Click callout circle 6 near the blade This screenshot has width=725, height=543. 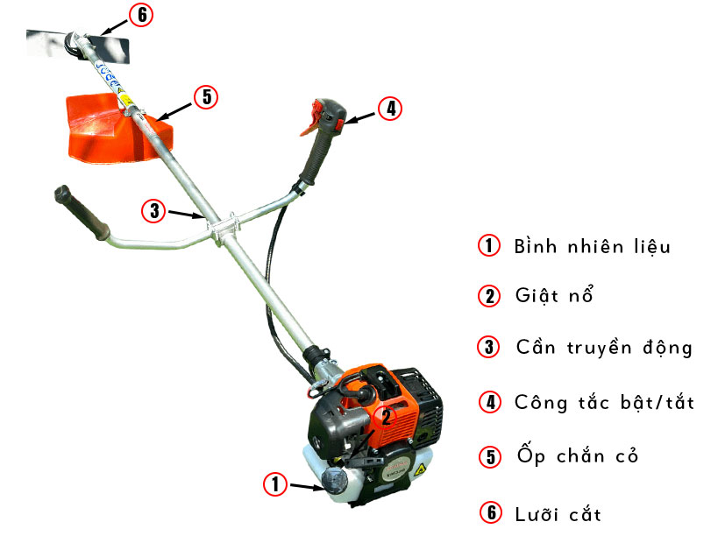(141, 14)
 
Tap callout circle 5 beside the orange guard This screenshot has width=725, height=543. (206, 97)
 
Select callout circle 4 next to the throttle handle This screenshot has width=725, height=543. (390, 109)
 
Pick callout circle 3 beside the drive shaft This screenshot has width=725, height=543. (154, 211)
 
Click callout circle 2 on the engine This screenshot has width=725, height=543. (385, 417)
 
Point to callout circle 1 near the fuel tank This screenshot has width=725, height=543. (275, 484)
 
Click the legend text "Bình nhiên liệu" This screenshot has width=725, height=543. (592, 246)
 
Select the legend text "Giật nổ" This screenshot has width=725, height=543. (554, 295)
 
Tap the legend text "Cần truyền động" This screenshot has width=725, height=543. (604, 347)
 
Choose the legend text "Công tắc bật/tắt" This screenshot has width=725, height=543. (604, 402)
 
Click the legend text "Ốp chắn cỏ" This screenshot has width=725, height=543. (578, 455)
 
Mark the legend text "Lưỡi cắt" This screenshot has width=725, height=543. (558, 513)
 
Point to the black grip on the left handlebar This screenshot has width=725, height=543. (82, 213)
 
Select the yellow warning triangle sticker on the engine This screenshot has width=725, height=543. (420, 470)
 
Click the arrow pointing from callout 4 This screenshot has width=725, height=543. (359, 117)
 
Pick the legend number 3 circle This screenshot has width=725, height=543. (488, 347)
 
